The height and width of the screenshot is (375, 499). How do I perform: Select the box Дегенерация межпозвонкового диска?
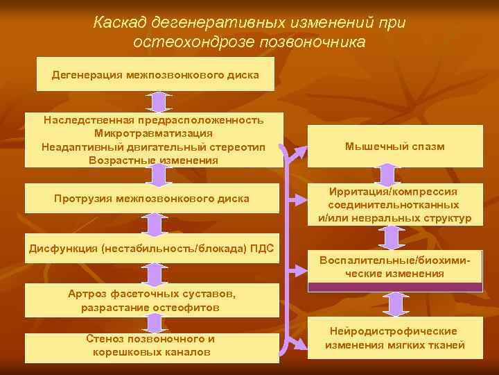pos(155,74)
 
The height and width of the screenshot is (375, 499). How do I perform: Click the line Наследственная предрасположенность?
pos(153,120)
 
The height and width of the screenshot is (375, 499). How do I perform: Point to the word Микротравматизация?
pos(153,133)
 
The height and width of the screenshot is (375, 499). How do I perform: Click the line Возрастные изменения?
pos(153,160)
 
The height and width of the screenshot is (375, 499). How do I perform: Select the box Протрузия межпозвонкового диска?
pos(152,199)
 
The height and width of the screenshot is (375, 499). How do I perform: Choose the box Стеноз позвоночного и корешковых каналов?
pos(152,346)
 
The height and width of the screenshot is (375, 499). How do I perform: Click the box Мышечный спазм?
pos(394,147)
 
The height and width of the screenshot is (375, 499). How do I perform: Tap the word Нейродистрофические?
pos(394,332)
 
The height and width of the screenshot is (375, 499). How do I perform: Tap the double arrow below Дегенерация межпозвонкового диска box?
pos(159,101)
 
